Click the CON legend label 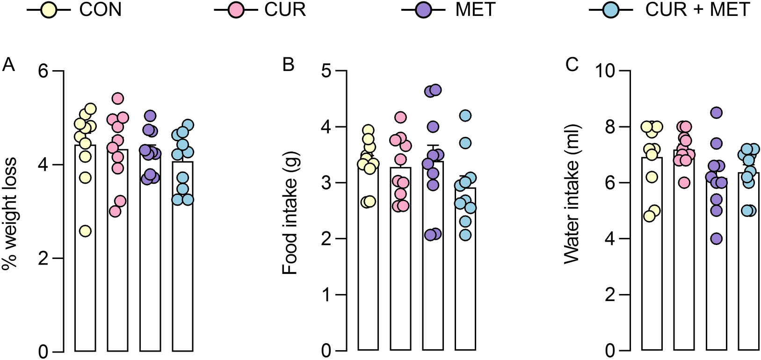pos(100,10)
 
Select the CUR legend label pos(285,10)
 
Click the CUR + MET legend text pos(697,10)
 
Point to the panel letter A pos(8,65)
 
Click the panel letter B pos(288,65)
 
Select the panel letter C pos(572,65)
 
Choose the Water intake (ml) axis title pos(572,194)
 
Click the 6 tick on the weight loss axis pos(45,71)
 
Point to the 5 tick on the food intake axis pos(326,71)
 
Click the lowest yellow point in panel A pos(85,231)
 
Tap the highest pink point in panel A pos(118,98)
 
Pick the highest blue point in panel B pos(465,115)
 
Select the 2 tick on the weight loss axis pos(45,258)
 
